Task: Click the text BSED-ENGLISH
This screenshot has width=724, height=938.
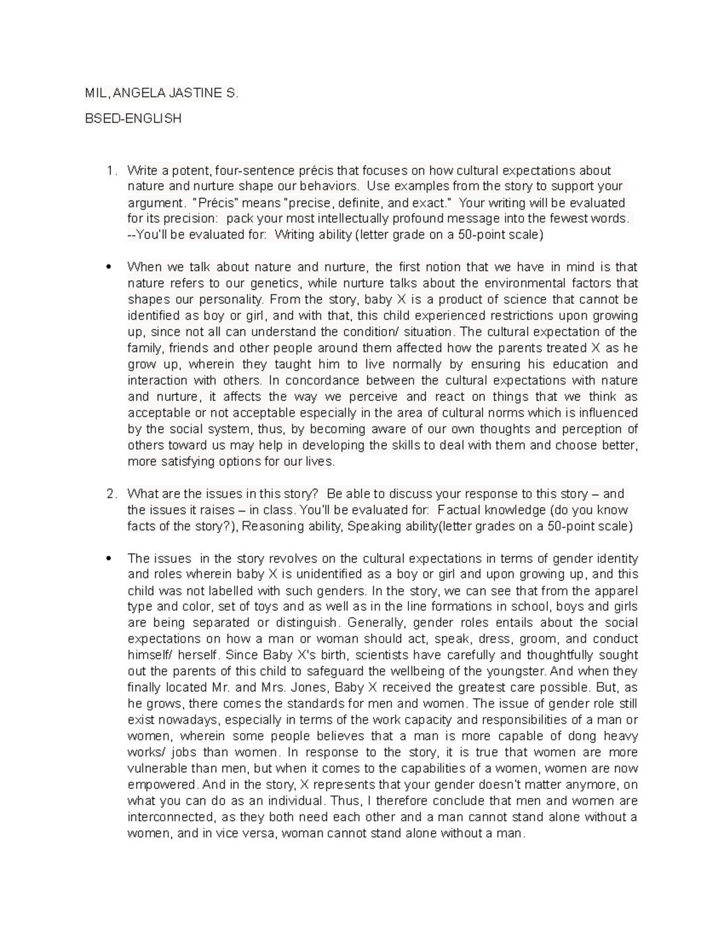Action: (133, 118)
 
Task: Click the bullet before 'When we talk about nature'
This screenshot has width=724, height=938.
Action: (109, 268)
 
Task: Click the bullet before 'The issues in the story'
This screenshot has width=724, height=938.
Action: (109, 559)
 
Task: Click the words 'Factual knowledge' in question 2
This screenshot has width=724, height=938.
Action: (485, 510)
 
